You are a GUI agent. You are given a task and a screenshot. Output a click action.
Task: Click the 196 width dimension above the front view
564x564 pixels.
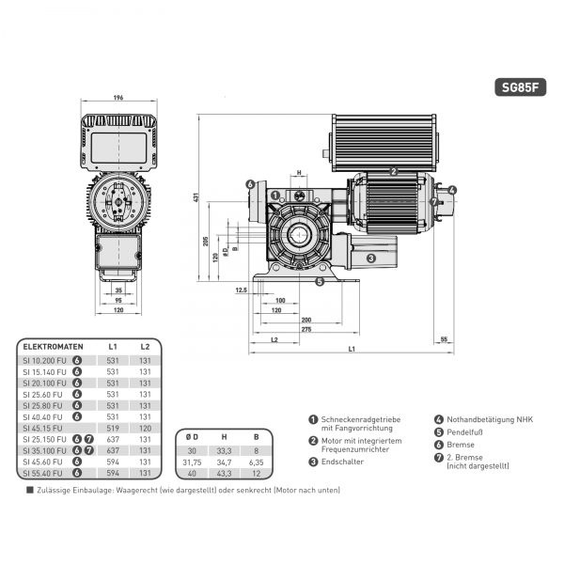[x=118, y=97]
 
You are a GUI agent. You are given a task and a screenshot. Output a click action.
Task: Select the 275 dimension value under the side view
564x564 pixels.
[x=280, y=328]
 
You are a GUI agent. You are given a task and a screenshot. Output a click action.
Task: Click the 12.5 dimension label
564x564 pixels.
[x=242, y=290]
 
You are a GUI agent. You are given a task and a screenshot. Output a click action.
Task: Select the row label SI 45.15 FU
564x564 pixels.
[x=43, y=429]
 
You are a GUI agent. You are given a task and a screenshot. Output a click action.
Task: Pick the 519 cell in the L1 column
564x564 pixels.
[x=113, y=429]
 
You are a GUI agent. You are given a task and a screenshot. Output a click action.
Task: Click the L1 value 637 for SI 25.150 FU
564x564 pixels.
[x=113, y=440]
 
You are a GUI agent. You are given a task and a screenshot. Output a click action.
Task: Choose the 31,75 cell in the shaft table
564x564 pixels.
[x=194, y=462]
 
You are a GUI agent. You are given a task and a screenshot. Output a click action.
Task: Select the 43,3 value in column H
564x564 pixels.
[x=224, y=473]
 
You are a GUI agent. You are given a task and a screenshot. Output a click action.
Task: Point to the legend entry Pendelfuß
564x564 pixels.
[x=466, y=432]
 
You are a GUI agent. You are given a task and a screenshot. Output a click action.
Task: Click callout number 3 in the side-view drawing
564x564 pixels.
[x=370, y=258]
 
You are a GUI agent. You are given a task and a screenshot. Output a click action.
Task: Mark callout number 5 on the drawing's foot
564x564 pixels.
[x=321, y=280]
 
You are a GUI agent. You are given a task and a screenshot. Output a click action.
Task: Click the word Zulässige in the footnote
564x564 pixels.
[x=52, y=490]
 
